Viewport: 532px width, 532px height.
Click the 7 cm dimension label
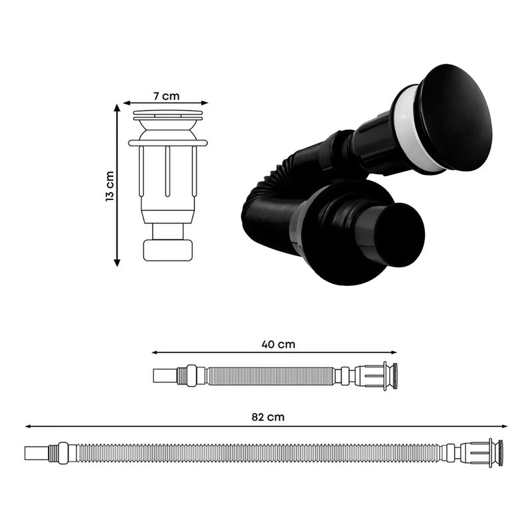[166, 96]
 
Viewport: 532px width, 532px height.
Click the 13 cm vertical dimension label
[109, 186]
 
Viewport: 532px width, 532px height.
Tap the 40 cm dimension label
[278, 344]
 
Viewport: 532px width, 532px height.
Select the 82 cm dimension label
[268, 417]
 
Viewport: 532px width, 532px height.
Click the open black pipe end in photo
[400, 235]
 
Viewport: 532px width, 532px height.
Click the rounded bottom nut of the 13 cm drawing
[168, 251]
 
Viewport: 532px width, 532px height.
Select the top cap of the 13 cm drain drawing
[168, 114]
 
